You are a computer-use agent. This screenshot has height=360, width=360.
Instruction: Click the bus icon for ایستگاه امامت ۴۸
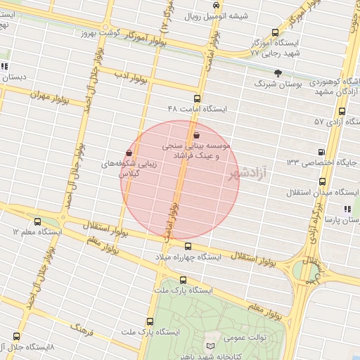click(196, 98)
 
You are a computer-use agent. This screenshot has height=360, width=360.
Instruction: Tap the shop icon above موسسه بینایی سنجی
click(196, 135)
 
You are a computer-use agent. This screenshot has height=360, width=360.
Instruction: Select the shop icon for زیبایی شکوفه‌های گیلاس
click(129, 153)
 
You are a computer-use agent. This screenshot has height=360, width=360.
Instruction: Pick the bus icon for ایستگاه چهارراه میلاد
click(188, 246)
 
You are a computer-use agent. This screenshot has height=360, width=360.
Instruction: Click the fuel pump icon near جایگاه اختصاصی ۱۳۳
click(321, 152)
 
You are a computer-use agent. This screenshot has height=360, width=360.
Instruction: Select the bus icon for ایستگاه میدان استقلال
click(322, 181)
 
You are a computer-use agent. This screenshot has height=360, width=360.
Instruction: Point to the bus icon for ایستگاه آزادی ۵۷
click(342, 111)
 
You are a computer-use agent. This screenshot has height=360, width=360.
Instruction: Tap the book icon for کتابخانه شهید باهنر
click(211, 347)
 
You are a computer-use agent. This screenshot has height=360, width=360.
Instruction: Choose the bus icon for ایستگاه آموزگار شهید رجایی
click(274, 32)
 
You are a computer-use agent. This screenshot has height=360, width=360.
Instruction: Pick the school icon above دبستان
click(4, 67)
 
